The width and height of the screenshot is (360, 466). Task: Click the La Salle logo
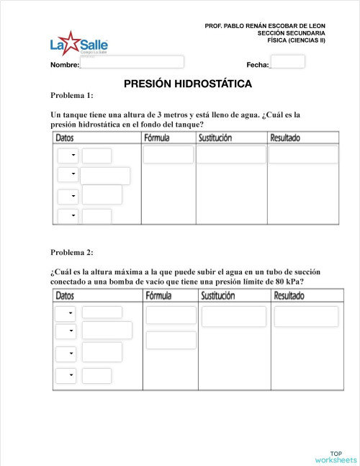click(x=78, y=44)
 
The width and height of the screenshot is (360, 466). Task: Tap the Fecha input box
click(x=287, y=62)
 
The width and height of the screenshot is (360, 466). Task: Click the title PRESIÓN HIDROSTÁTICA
click(x=188, y=84)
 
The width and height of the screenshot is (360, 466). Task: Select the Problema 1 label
click(x=72, y=96)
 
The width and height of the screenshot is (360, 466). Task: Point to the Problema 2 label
click(x=72, y=252)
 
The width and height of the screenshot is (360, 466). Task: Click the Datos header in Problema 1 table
click(x=68, y=138)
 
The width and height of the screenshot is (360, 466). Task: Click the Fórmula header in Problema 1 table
click(x=158, y=138)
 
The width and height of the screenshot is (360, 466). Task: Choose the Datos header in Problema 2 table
click(x=65, y=296)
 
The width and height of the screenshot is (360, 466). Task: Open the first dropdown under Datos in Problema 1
click(x=68, y=155)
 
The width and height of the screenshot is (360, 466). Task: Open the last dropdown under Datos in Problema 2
click(x=67, y=375)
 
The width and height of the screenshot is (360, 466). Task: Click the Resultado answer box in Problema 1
click(x=303, y=155)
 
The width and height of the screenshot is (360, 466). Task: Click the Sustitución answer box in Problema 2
click(x=233, y=316)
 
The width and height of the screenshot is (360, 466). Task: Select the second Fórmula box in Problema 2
click(x=171, y=340)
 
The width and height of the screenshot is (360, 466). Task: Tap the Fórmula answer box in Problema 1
click(x=168, y=155)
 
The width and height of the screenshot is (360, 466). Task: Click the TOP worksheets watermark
click(x=336, y=457)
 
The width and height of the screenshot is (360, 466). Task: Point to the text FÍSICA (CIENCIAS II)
click(x=296, y=40)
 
